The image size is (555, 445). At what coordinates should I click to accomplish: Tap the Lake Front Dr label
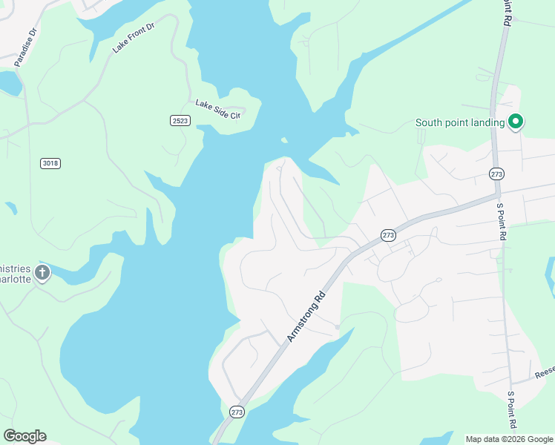coord(134,36)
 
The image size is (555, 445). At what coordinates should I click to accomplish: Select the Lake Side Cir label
coord(218,109)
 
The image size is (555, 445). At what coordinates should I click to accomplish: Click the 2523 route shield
coord(180,120)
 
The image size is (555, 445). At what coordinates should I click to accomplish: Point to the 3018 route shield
coord(50,162)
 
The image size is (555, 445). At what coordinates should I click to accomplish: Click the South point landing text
coord(460,123)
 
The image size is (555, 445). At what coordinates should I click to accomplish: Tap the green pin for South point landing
coord(516,122)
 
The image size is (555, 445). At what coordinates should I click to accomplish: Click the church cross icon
coord(42,273)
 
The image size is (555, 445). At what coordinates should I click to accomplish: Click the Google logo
coord(24,436)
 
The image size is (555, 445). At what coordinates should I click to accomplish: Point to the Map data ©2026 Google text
coord(509,439)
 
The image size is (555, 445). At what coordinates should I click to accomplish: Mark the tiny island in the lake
coord(284,139)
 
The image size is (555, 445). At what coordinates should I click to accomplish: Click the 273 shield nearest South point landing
coord(497,174)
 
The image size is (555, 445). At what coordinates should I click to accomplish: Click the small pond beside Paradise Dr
coord(9,83)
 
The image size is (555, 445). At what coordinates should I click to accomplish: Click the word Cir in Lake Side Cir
coord(235,115)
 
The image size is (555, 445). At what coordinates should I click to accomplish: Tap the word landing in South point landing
coord(487,123)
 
